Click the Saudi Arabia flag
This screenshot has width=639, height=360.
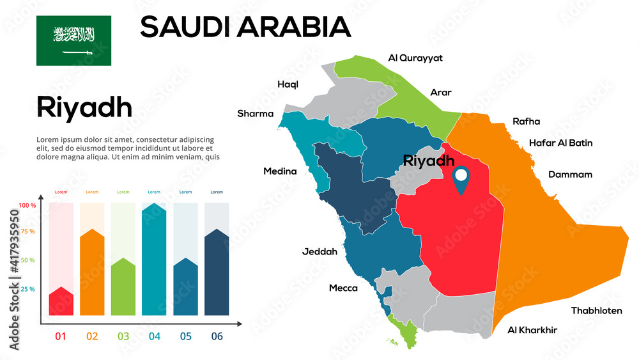[x=73, y=40]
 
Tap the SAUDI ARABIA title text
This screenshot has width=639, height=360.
[x=245, y=27]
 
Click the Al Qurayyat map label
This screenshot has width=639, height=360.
[x=415, y=58]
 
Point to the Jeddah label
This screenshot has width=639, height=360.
[x=319, y=252]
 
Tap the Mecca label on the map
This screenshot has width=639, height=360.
[x=343, y=288]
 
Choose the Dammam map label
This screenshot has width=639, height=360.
[x=570, y=175]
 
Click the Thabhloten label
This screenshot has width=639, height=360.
[x=596, y=311]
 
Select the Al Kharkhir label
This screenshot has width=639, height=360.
[x=532, y=331]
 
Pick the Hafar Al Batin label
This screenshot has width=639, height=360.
[x=560, y=143]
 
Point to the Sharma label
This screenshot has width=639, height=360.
[x=255, y=114]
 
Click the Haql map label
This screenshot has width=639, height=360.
[x=288, y=84]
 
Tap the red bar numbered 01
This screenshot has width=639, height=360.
[x=61, y=302]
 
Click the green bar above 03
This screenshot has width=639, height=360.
[x=123, y=287]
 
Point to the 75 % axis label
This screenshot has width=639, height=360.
[x=27, y=231]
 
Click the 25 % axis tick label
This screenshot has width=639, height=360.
[x=27, y=290]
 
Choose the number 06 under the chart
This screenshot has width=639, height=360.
[x=217, y=336]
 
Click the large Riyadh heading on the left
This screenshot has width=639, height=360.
[x=84, y=107]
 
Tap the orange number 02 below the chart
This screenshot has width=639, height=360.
[x=92, y=336]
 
